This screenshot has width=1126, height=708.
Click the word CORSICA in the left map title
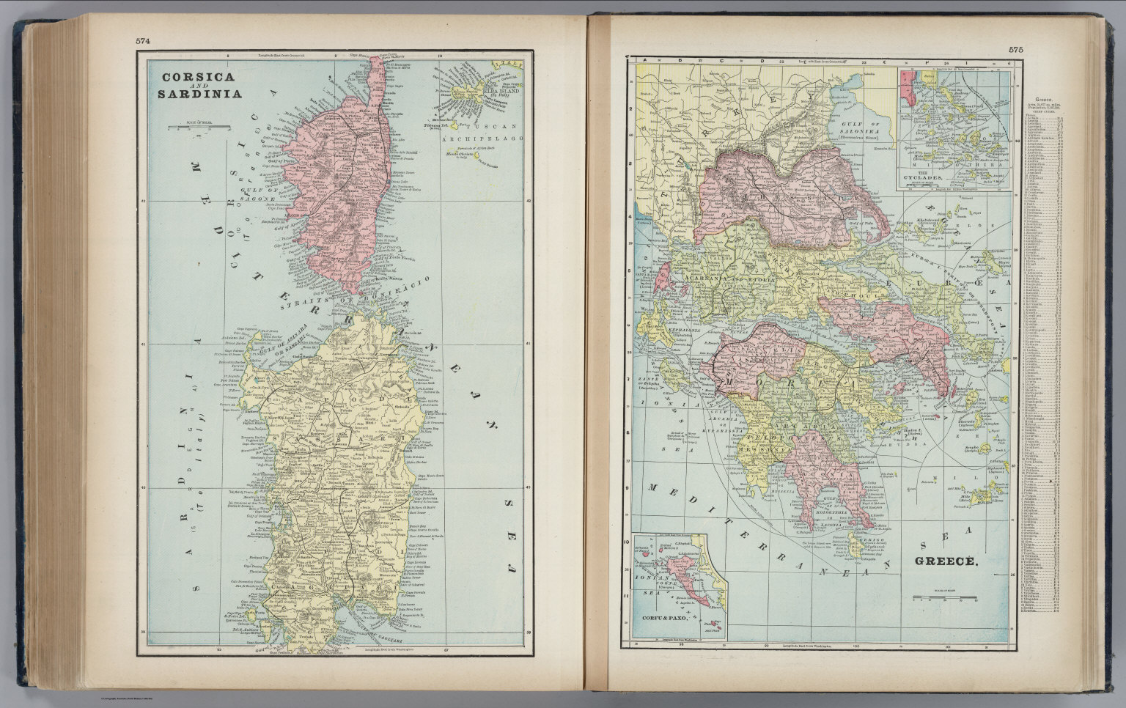(188, 76)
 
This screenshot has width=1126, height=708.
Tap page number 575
(1015, 50)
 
